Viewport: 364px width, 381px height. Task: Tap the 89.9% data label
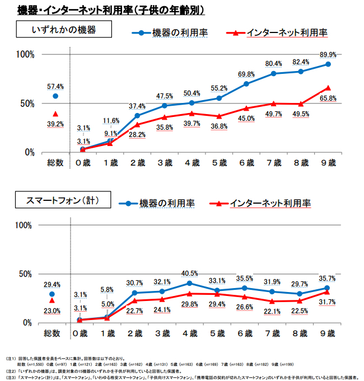pyautogui.click(x=328, y=54)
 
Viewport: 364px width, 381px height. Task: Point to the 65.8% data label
pyautogui.click(x=328, y=98)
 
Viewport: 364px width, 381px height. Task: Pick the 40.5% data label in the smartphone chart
pyautogui.click(x=190, y=274)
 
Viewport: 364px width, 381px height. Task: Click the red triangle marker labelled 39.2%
pyautogui.click(x=55, y=114)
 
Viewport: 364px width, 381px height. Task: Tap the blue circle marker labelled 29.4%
pyautogui.click(x=52, y=294)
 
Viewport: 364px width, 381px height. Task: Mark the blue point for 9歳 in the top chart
pyautogui.click(x=328, y=64)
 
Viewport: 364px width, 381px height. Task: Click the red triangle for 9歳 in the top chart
pyautogui.click(x=328, y=88)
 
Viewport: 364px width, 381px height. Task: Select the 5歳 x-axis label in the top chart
pyautogui.click(x=219, y=163)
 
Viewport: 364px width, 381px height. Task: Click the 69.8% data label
pyautogui.click(x=246, y=74)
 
